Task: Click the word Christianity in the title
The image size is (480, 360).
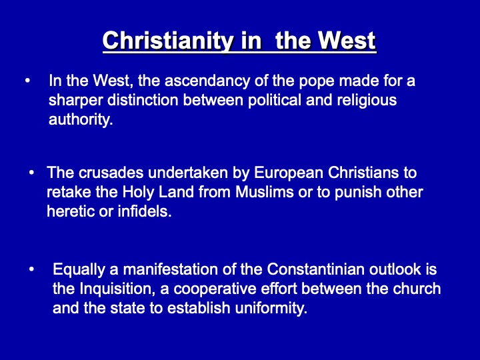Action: tap(168, 41)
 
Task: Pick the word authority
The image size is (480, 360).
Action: tap(81, 120)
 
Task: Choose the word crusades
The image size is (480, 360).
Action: tap(111, 173)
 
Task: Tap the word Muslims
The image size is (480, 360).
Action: tap(265, 193)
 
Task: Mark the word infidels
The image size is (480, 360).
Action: tap(145, 211)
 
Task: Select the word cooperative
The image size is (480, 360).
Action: tap(215, 289)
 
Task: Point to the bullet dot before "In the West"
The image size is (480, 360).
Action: tap(27, 81)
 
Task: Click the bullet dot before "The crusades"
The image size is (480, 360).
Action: tap(31, 173)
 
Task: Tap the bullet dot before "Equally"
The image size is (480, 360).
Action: tap(31, 270)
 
